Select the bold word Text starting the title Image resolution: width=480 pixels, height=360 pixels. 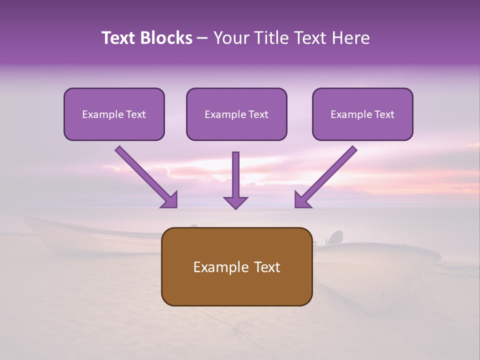118,38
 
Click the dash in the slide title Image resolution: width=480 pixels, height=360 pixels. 202,38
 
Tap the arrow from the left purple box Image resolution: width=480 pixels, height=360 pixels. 146,176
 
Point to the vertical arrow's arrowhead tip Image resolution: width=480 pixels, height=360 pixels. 235,207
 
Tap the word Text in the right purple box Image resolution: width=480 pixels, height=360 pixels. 383,114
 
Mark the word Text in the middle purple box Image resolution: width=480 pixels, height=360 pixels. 257,114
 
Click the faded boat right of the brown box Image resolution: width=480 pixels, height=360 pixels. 380,260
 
